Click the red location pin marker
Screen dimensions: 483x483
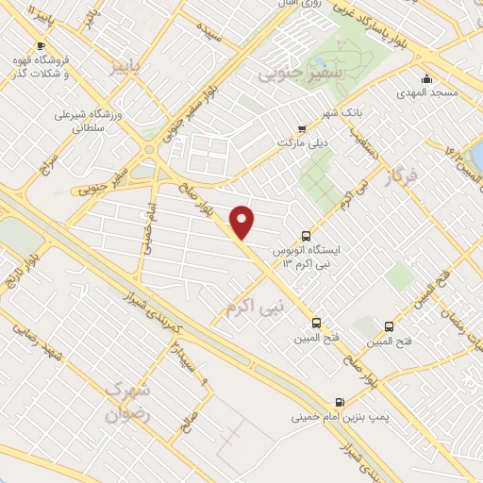tap(243, 222)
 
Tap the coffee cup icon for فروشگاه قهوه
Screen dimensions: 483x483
tap(41, 45)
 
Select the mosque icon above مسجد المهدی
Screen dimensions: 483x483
tap(427, 79)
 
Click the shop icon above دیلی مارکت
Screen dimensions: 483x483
tap(302, 129)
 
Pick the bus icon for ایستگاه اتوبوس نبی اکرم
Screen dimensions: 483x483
tap(305, 236)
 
